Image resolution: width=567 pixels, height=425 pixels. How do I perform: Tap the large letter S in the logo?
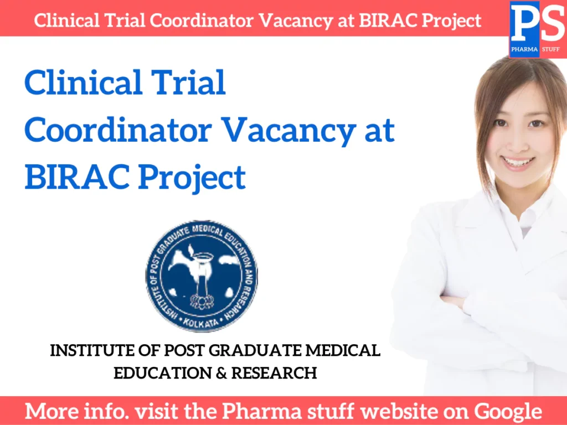click(x=551, y=24)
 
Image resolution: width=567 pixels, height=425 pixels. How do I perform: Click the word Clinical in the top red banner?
click(x=61, y=20)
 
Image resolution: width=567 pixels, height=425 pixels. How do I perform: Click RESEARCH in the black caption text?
click(x=274, y=373)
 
